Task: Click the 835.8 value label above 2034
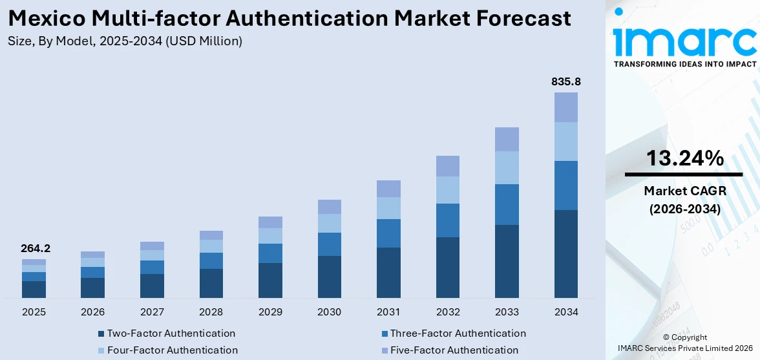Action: tap(565, 82)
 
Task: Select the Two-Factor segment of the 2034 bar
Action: tap(565, 253)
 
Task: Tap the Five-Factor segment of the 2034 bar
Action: tap(565, 107)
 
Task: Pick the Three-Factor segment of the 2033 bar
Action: tap(507, 204)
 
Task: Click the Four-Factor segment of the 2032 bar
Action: tap(447, 190)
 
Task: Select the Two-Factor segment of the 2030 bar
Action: tap(329, 277)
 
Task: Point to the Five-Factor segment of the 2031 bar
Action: tap(388, 189)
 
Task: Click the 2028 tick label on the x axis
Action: tap(211, 312)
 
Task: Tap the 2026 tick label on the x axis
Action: tap(92, 312)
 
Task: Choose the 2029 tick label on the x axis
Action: tap(270, 312)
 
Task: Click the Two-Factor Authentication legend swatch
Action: tap(101, 334)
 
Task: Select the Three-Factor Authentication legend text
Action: tap(458, 334)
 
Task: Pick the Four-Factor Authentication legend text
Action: tap(173, 350)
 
